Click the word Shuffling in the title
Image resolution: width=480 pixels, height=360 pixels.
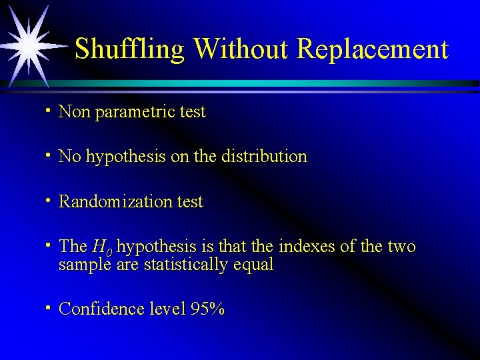click(x=130, y=49)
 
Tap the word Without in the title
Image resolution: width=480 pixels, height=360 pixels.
click(x=241, y=49)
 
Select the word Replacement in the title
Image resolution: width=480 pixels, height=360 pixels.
click(x=373, y=49)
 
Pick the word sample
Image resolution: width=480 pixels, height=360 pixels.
click(x=85, y=265)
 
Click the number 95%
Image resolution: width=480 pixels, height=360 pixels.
click(x=207, y=309)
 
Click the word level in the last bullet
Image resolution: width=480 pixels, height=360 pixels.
click(x=166, y=309)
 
